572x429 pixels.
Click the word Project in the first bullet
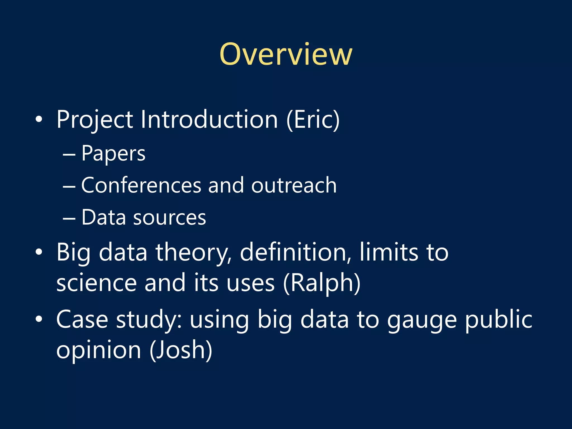tap(94, 120)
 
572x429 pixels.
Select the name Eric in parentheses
tap(313, 120)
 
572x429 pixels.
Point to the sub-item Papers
tap(113, 153)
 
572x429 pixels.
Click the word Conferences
tap(141, 185)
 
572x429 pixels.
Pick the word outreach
tap(294, 185)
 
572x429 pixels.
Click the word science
tap(96, 283)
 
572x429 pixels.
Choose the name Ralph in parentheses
tap(321, 283)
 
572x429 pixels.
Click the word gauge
tap(422, 320)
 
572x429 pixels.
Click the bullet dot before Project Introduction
tap(39, 120)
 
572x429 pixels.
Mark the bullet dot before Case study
tap(39, 319)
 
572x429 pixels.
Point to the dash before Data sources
tap(69, 218)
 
